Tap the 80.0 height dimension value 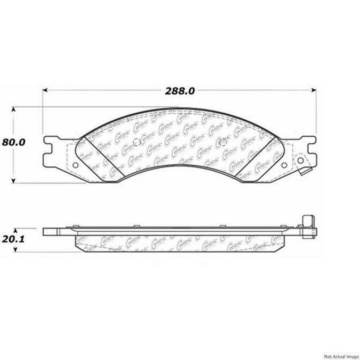14,143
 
